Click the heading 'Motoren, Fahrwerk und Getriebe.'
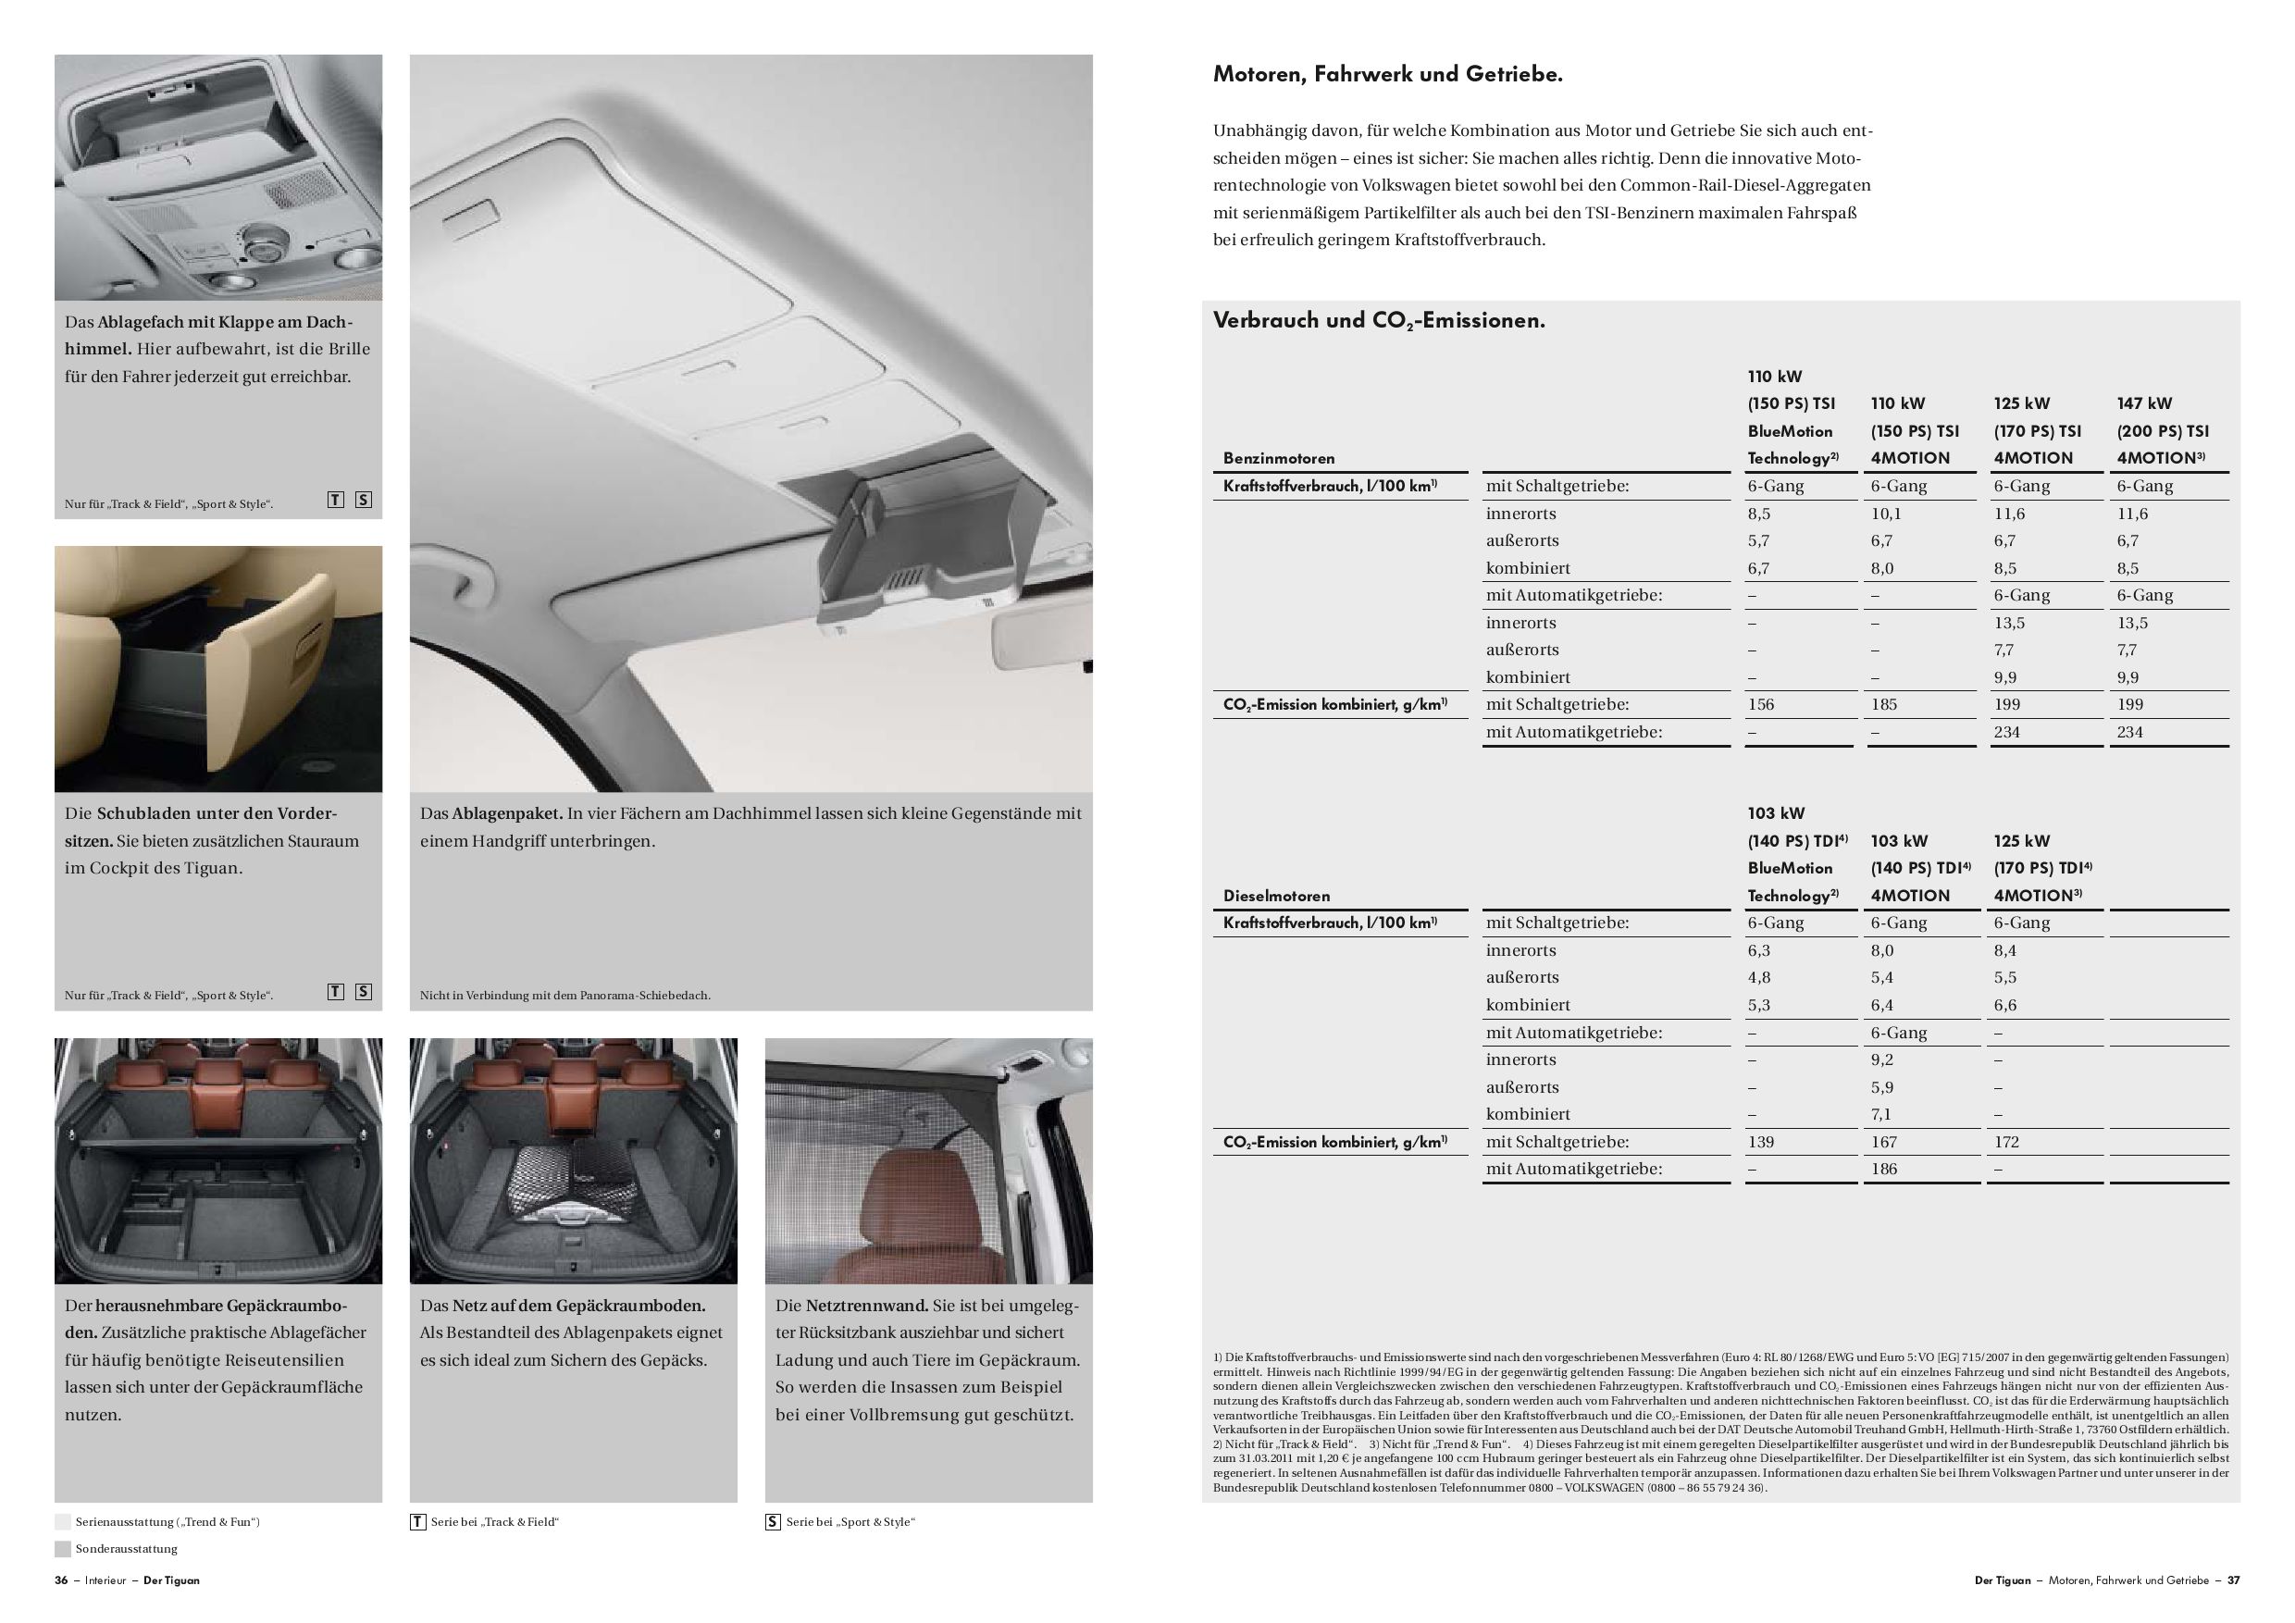pyautogui.click(x=1386, y=74)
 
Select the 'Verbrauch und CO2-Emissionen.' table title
pyautogui.click(x=1379, y=321)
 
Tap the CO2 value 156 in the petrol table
pyautogui.click(x=1760, y=704)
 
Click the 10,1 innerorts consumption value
pyautogui.click(x=1885, y=514)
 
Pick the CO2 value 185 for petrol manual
pyautogui.click(x=1883, y=704)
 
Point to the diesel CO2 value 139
pyautogui.click(x=1760, y=1141)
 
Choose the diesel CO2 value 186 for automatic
pyautogui.click(x=1883, y=1169)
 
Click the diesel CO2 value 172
pyautogui.click(x=2006, y=1141)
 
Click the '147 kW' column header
pyautogui.click(x=2144, y=403)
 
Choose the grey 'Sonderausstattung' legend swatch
pyautogui.click(x=63, y=1549)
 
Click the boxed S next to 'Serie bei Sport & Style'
pyautogui.click(x=773, y=1522)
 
